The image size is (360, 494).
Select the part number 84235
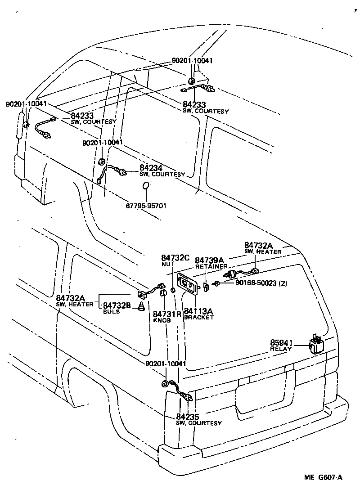(x=188, y=417)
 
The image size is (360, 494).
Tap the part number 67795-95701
(x=146, y=207)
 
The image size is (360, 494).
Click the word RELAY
(x=281, y=349)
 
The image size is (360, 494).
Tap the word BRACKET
(x=199, y=317)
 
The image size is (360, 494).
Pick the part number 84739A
(x=210, y=260)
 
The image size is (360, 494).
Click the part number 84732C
(x=175, y=258)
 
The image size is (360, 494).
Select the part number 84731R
(x=167, y=314)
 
